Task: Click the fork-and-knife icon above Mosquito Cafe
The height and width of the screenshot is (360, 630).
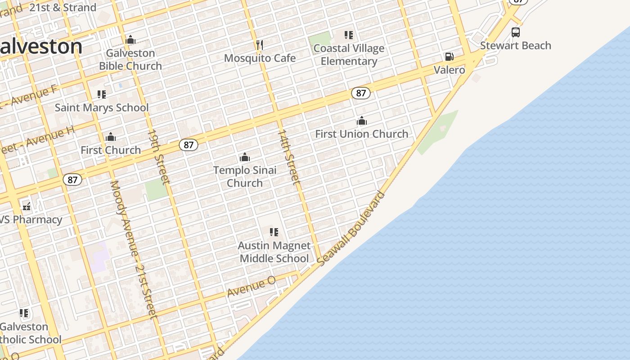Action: point(259,45)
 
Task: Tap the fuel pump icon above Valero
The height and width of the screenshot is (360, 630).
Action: point(449,57)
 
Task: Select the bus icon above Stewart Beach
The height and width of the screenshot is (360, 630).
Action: point(516,32)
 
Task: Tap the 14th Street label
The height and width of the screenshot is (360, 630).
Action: point(288,157)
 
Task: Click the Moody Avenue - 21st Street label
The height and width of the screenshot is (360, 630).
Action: point(134,250)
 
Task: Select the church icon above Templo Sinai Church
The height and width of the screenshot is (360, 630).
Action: point(245,157)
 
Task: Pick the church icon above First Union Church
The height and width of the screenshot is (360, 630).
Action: point(362,121)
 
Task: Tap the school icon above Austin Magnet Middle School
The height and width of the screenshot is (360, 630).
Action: point(274,232)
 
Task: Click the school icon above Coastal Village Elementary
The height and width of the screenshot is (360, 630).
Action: point(349,35)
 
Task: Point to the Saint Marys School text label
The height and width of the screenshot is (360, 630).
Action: point(102,108)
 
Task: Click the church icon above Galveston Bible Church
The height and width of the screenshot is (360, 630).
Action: point(130,40)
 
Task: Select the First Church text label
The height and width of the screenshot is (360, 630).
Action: point(111,150)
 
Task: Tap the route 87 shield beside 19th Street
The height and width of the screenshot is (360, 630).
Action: point(189,145)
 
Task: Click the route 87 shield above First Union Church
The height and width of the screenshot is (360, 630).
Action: point(361,93)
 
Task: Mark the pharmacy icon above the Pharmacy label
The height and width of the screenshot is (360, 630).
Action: point(27,207)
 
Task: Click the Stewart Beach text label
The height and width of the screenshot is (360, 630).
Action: point(516,45)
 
